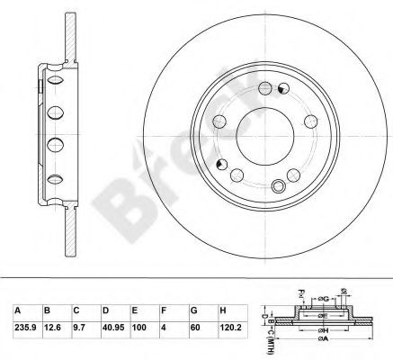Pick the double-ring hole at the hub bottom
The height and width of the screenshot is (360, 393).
[x=280, y=186]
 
